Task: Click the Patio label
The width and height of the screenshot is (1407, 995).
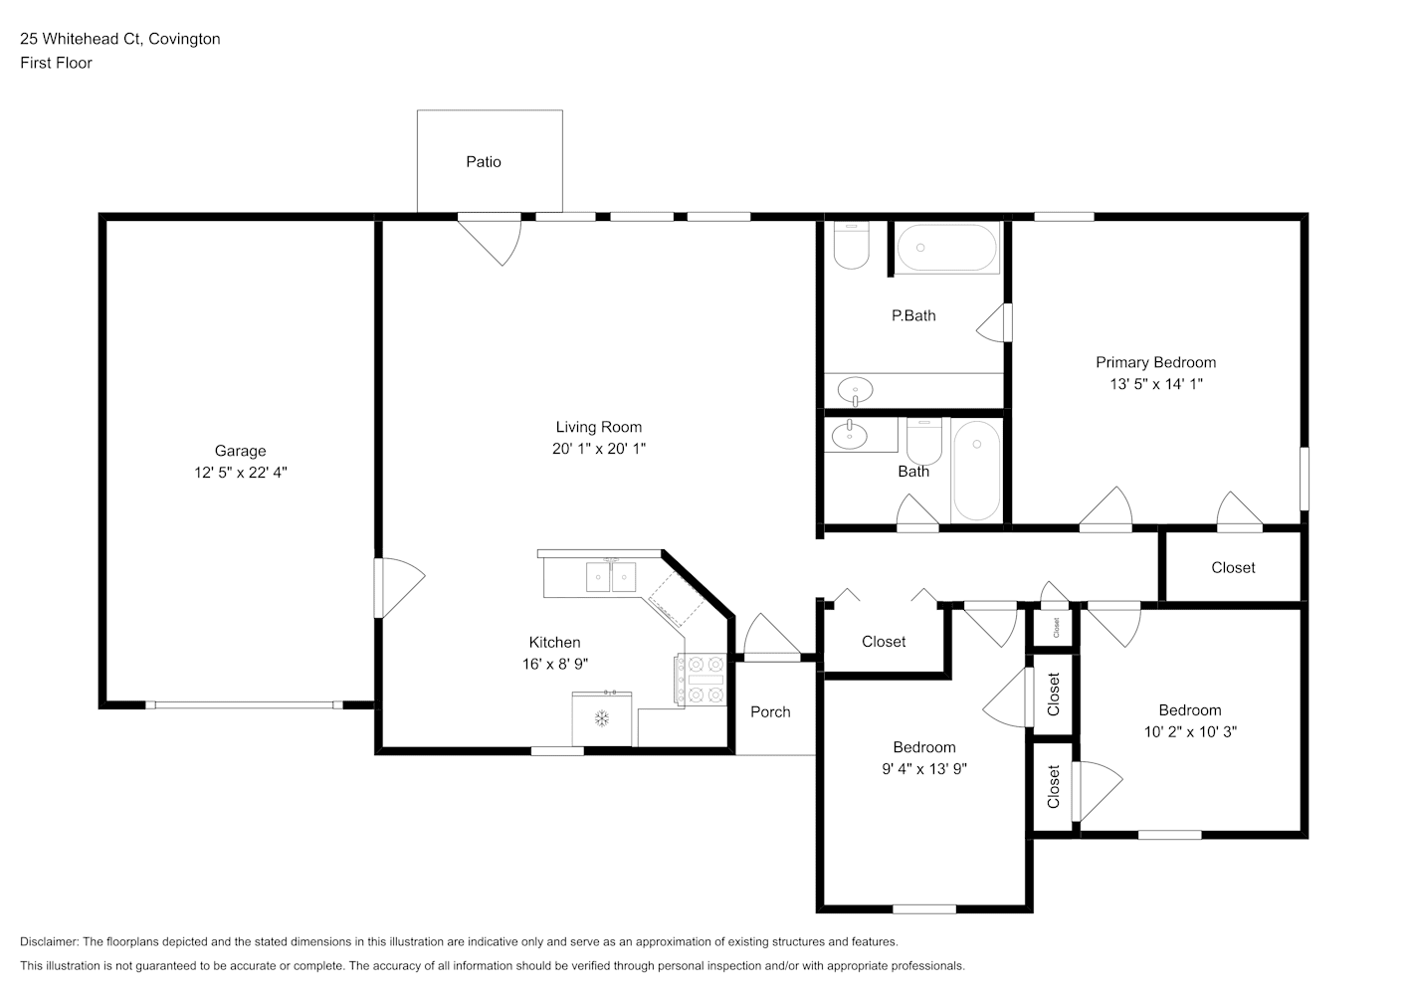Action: (x=483, y=162)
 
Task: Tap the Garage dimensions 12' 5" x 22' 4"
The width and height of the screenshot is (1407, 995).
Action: (x=241, y=473)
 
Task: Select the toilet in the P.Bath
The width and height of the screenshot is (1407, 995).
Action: (x=851, y=246)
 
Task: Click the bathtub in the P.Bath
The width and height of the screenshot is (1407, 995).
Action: (x=946, y=248)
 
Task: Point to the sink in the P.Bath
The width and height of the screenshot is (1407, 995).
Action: (x=855, y=391)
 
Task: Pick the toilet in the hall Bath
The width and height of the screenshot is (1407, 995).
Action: (x=924, y=442)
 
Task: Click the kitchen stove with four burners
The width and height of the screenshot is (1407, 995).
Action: (x=701, y=679)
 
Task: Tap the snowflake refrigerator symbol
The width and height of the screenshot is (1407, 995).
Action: (x=602, y=718)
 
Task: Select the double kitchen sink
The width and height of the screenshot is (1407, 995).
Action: (x=611, y=577)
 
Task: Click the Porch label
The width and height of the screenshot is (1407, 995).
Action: (x=770, y=711)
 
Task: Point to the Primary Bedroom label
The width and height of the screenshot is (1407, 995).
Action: (x=1156, y=362)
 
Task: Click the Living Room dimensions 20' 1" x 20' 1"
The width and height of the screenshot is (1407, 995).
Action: (x=599, y=449)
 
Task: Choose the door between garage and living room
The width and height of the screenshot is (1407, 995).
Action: (x=399, y=588)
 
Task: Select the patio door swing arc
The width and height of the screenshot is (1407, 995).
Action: (x=513, y=245)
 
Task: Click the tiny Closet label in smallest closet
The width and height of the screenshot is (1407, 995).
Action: (x=1056, y=628)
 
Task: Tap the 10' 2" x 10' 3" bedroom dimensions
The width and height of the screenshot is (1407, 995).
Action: (x=1190, y=731)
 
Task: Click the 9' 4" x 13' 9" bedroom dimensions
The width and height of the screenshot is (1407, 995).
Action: (x=924, y=769)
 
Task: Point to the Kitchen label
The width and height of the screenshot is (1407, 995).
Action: (x=554, y=642)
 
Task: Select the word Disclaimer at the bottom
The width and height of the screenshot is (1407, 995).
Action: (x=50, y=941)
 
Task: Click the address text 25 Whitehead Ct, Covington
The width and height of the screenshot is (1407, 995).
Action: (x=120, y=39)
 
